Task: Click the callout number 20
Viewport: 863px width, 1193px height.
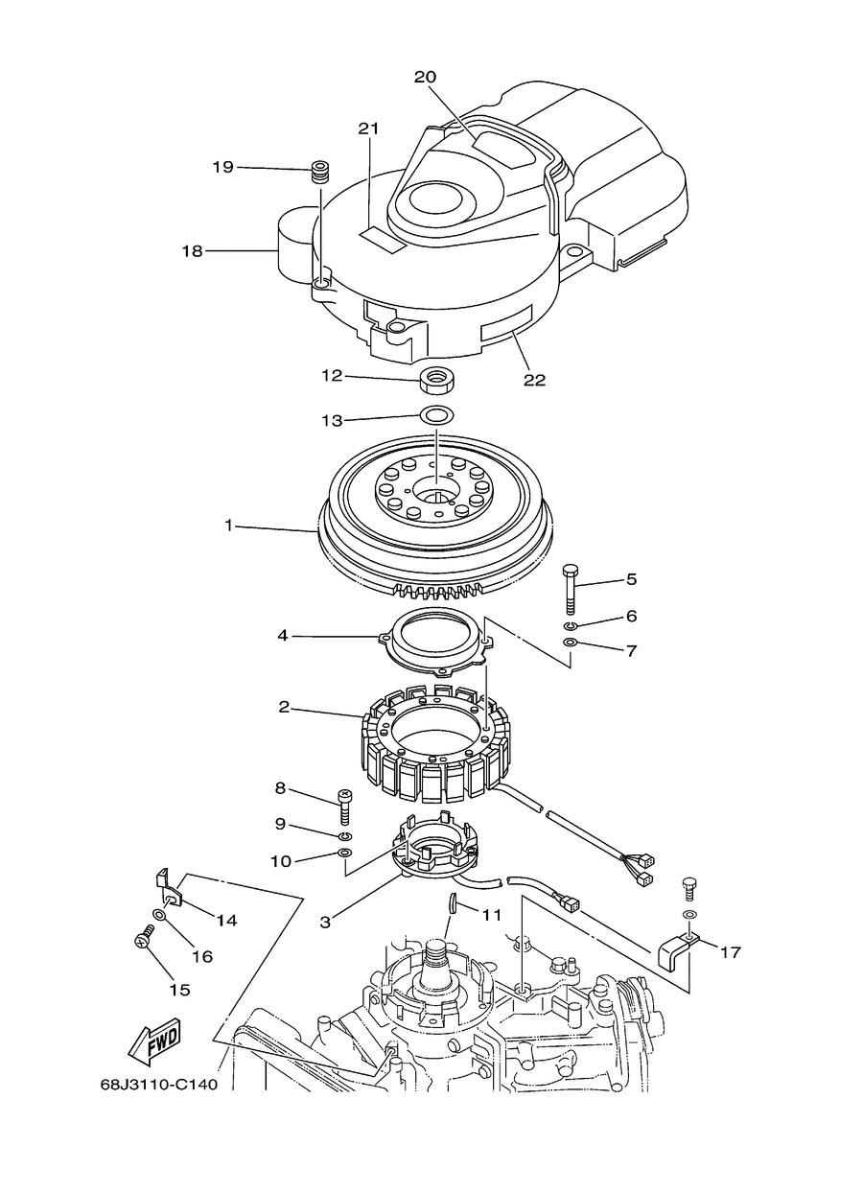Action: point(425,78)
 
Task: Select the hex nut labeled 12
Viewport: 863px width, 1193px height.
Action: point(435,381)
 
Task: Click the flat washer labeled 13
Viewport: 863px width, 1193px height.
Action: point(436,414)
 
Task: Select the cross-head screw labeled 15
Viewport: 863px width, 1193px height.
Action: point(144,940)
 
